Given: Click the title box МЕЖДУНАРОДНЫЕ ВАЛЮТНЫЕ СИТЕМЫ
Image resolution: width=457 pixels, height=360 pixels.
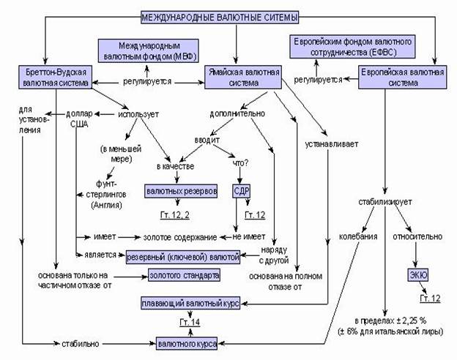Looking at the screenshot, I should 228,16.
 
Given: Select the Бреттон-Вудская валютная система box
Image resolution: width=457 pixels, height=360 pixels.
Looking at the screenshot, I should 54,78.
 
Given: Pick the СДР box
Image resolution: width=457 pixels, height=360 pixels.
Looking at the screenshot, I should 242,192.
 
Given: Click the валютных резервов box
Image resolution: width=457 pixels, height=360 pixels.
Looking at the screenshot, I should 181,192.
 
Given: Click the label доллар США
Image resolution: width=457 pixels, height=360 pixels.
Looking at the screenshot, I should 78,119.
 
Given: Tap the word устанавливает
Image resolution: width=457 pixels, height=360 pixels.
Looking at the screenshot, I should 332,143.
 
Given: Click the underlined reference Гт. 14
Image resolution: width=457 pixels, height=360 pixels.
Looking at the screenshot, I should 190,322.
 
